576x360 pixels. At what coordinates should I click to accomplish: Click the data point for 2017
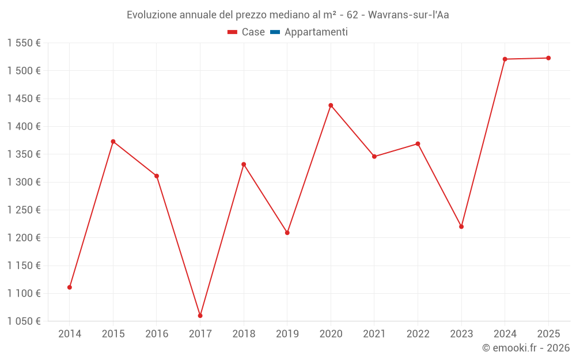click(x=200, y=316)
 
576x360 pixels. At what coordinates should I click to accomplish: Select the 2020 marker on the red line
click(x=331, y=105)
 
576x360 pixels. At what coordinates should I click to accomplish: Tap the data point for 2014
click(x=70, y=287)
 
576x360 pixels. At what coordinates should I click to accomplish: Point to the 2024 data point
click(x=505, y=59)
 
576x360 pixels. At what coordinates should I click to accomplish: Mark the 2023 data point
click(x=461, y=227)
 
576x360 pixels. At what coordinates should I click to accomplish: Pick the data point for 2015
click(x=113, y=142)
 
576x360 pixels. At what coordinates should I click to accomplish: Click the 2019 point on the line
click(x=287, y=233)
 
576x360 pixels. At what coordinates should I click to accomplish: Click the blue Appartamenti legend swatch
click(x=275, y=32)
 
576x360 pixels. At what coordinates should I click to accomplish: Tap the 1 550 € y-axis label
click(x=24, y=43)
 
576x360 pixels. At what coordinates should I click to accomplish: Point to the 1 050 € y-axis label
click(x=24, y=321)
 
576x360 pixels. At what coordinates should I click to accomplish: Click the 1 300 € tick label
click(x=24, y=182)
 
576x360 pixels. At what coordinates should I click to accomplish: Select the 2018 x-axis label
click(x=244, y=334)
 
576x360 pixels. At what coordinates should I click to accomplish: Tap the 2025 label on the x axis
click(x=548, y=334)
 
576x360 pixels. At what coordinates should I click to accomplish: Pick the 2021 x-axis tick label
click(x=374, y=334)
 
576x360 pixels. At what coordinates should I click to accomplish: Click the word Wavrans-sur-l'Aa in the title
click(x=408, y=15)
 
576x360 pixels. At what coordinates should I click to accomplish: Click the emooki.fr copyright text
click(x=526, y=348)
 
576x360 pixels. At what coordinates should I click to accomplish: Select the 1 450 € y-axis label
click(x=24, y=98)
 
